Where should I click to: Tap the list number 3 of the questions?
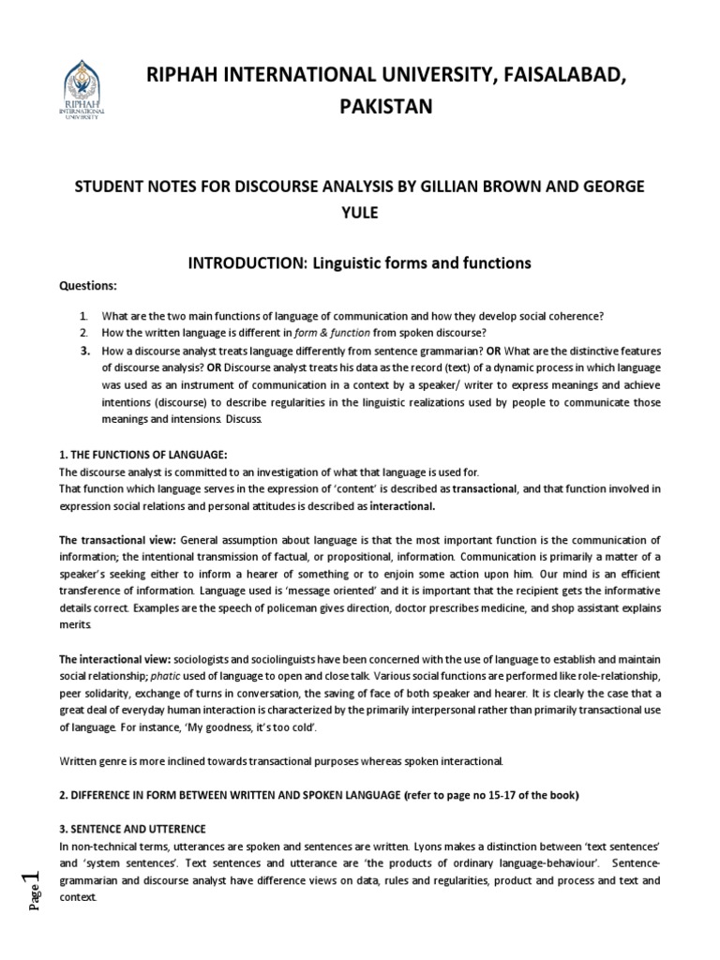click(83, 351)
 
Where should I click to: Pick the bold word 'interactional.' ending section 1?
click(402, 506)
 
